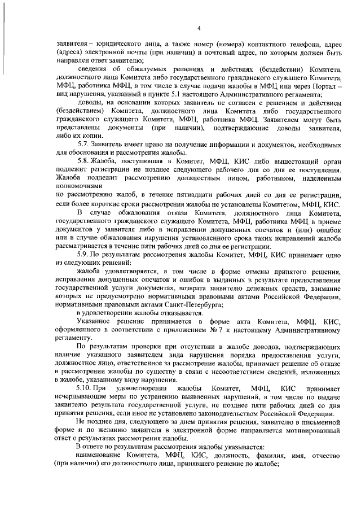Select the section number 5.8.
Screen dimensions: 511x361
coord(85,163)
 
